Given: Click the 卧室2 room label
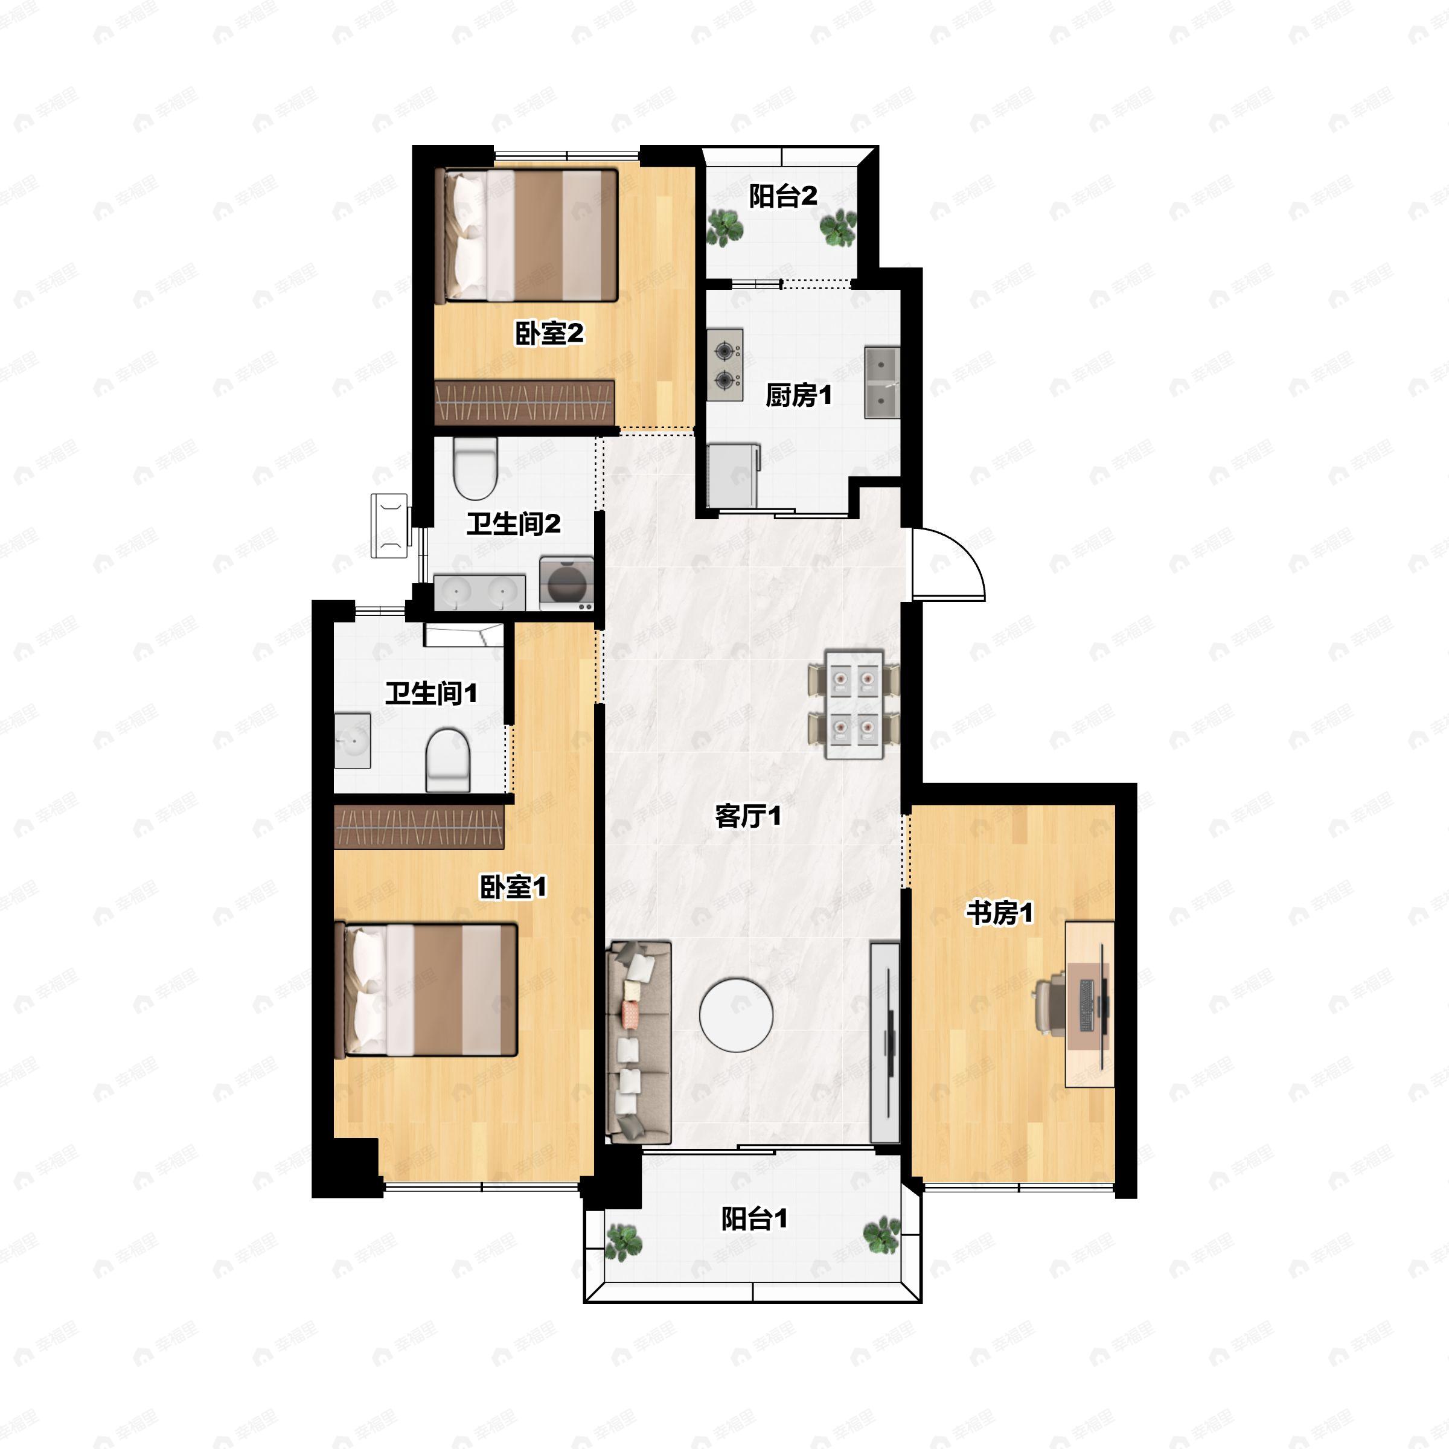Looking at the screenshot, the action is (x=549, y=334).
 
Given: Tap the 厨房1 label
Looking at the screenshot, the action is (x=799, y=395).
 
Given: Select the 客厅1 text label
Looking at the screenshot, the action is (x=748, y=816).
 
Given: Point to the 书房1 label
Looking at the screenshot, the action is (x=999, y=913).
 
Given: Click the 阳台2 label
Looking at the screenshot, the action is (x=783, y=196).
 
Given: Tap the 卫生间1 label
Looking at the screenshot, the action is (x=431, y=693).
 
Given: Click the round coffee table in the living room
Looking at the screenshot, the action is (x=736, y=1014).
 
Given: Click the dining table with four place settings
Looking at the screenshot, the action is (x=854, y=704).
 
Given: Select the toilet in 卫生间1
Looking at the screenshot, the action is (x=448, y=760).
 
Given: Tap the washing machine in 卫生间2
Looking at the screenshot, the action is (x=566, y=583).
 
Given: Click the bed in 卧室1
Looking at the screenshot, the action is (x=430, y=990).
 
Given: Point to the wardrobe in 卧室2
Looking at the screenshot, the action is (x=525, y=402).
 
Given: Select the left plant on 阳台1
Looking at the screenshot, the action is (x=623, y=1242).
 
